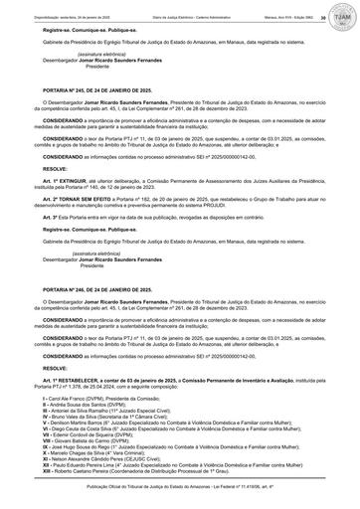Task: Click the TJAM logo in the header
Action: [x=344, y=11]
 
